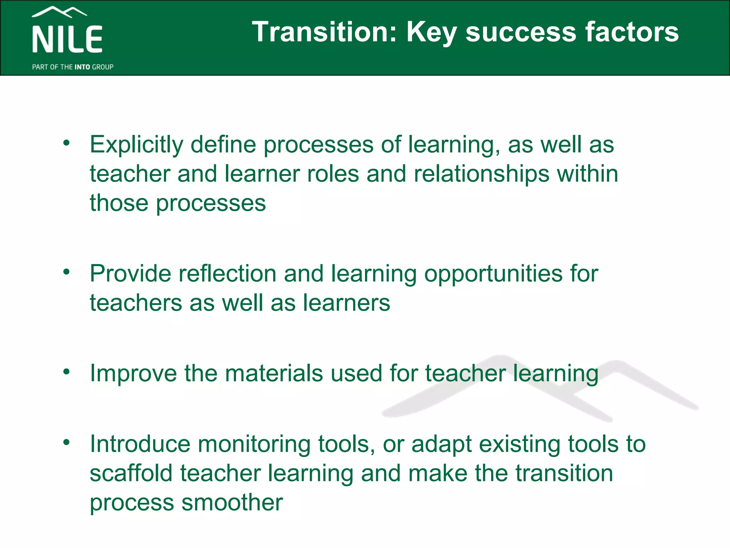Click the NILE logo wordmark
pyautogui.click(x=67, y=39)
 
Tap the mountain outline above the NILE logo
pyautogui.click(x=59, y=12)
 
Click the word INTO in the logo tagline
pyautogui.click(x=82, y=67)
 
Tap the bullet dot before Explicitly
pyautogui.click(x=66, y=143)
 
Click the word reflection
pyautogui.click(x=227, y=274)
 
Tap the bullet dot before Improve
pyautogui.click(x=66, y=372)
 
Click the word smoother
pyautogui.click(x=232, y=502)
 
